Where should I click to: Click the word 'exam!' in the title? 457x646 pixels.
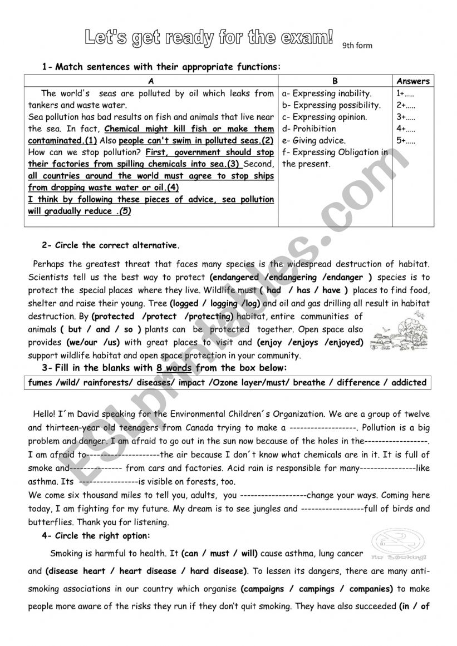[x=308, y=37]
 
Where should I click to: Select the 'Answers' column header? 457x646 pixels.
[x=413, y=81]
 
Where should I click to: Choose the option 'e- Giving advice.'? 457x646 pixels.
[x=314, y=140]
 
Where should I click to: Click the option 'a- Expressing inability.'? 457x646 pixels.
[x=327, y=93]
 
